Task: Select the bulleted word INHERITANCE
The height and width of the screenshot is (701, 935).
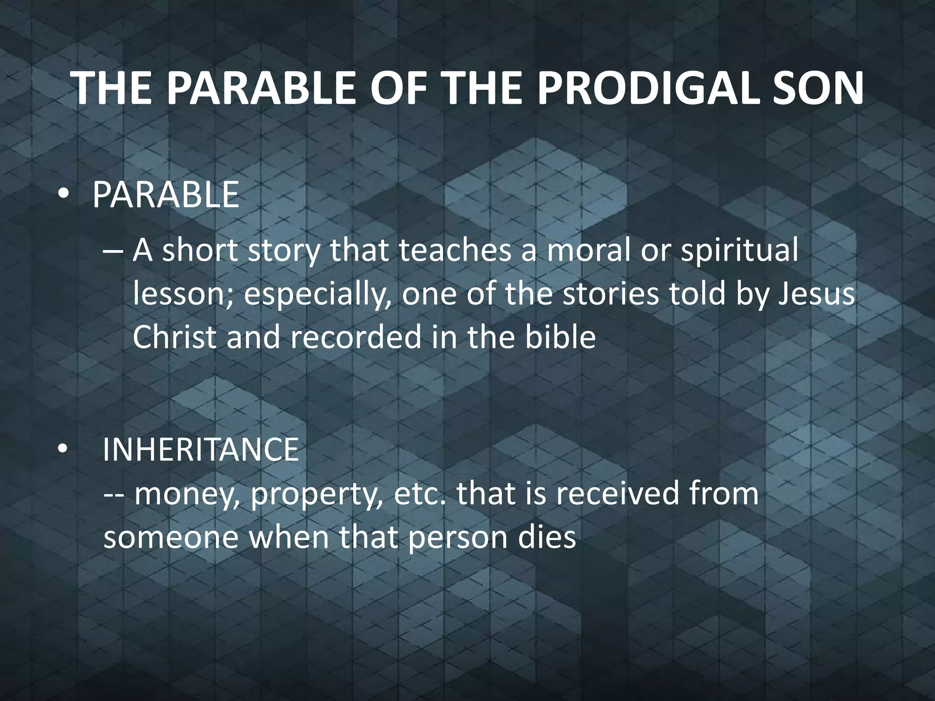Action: [200, 450]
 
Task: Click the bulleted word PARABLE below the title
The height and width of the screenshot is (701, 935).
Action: [166, 195]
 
